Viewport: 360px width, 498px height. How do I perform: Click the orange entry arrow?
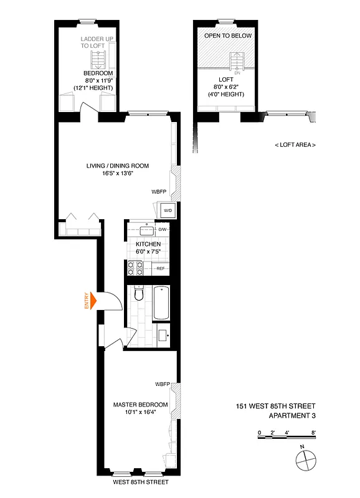pyautogui.click(x=94, y=301)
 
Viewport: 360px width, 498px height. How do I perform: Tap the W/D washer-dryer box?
pyautogui.click(x=168, y=211)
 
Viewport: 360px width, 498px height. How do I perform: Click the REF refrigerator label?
pyautogui.click(x=160, y=268)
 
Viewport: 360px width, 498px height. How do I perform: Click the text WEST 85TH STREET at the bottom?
pyautogui.click(x=140, y=482)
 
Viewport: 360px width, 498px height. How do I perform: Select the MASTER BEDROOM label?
pyautogui.click(x=140, y=405)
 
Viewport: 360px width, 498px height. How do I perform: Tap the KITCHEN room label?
pyautogui.click(x=140, y=244)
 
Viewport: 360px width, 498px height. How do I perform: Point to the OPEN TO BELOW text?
pyautogui.click(x=229, y=35)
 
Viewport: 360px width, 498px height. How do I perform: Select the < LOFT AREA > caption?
pyautogui.click(x=295, y=144)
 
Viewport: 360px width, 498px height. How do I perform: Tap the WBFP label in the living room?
pyautogui.click(x=159, y=192)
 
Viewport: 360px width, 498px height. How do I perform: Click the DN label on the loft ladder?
pyautogui.click(x=237, y=73)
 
